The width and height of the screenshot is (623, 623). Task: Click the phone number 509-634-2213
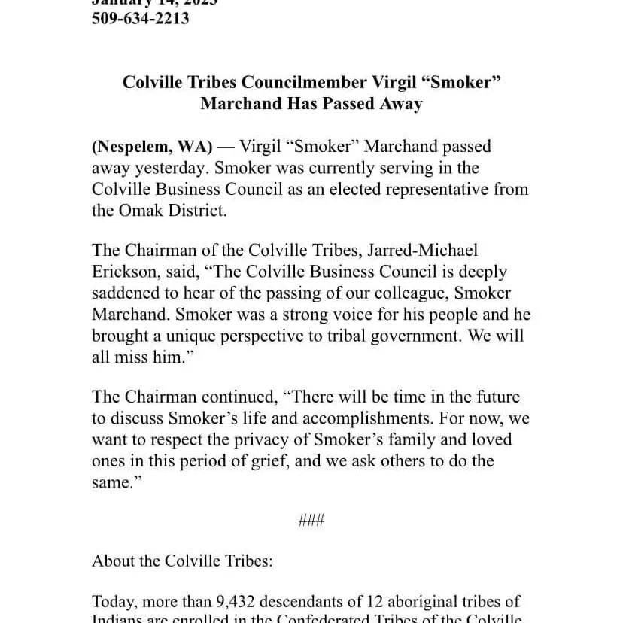tap(140, 18)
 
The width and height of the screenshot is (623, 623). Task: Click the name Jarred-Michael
tap(424, 250)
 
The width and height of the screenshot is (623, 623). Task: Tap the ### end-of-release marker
tap(311, 520)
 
